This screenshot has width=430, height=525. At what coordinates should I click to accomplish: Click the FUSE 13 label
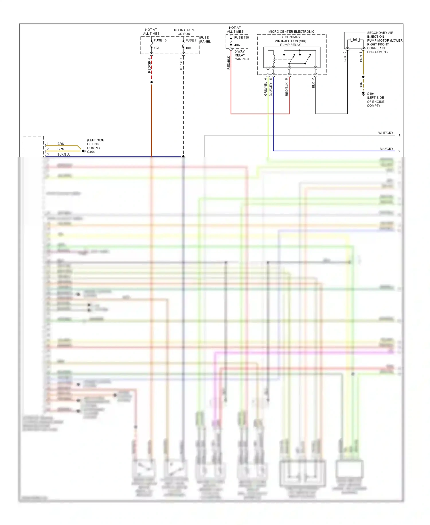[x=160, y=40]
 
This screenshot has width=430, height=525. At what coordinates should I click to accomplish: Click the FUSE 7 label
[x=191, y=40]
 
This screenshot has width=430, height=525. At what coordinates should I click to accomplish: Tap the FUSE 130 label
[x=241, y=37]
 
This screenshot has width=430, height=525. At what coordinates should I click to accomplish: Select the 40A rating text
[x=237, y=45]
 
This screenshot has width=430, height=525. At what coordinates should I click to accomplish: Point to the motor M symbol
[x=355, y=40]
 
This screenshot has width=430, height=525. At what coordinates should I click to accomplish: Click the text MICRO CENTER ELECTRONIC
[x=291, y=32]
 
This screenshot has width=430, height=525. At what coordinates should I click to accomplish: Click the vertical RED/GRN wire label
[x=149, y=65]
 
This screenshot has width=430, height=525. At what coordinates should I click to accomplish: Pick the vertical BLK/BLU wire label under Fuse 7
[x=181, y=65]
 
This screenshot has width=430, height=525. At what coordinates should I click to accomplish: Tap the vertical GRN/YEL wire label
[x=265, y=89]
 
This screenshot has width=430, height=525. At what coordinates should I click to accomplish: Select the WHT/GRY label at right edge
[x=386, y=133]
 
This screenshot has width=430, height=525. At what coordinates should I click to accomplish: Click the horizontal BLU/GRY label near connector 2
[x=386, y=149]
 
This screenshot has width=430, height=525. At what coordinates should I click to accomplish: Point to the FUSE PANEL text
[x=205, y=40]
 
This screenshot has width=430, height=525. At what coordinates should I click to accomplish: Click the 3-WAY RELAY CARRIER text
[x=242, y=55]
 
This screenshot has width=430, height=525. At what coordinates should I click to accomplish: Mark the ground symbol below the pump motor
[x=363, y=94]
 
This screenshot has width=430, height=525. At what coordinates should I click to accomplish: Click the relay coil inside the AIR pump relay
[x=274, y=59]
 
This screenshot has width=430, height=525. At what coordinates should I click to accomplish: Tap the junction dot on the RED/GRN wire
[x=152, y=82]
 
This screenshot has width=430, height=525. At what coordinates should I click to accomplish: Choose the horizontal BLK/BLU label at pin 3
[x=64, y=154]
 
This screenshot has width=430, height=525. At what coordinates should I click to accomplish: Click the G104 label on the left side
[x=91, y=152]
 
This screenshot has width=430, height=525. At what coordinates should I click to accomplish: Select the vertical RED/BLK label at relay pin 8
[x=287, y=89]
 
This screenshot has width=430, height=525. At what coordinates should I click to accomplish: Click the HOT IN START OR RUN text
[x=183, y=32]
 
